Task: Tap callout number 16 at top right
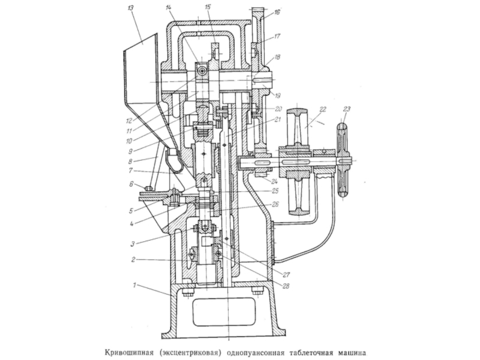pyautogui.click(x=277, y=12)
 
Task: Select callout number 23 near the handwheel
pyautogui.click(x=347, y=109)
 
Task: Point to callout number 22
pyautogui.click(x=323, y=110)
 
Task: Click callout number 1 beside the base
pyautogui.click(x=134, y=286)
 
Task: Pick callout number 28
pyautogui.click(x=286, y=287)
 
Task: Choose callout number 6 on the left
pyautogui.click(x=131, y=184)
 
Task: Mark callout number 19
pyautogui.click(x=277, y=96)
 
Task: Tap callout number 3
pyautogui.click(x=133, y=244)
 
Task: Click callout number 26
pyautogui.click(x=275, y=204)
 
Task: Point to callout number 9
pyautogui.click(x=130, y=151)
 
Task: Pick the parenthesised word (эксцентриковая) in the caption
pyautogui.click(x=190, y=352)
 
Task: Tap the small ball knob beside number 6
pyautogui.click(x=149, y=187)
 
